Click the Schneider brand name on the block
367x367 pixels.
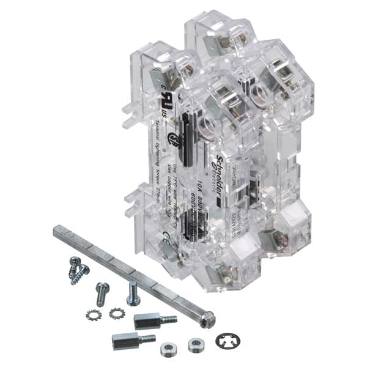[x=224, y=155]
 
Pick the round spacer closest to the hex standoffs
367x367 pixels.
[x=168, y=349]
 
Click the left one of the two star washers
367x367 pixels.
[x=95, y=315]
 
